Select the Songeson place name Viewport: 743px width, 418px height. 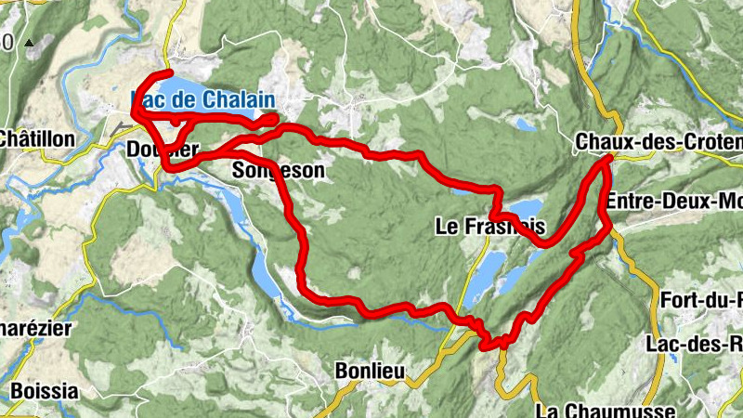pyautogui.click(x=279, y=170)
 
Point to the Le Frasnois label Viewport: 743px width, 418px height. pyautogui.click(x=489, y=226)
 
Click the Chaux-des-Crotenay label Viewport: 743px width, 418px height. pyautogui.click(x=658, y=141)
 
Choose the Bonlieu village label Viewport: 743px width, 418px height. pyautogui.click(x=369, y=371)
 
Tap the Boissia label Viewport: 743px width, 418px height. pyautogui.click(x=45, y=390)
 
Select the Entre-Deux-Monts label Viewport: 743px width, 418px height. pyautogui.click(x=673, y=201)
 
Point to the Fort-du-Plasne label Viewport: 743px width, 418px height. pyautogui.click(x=701, y=299)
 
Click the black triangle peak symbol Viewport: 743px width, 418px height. pyautogui.click(x=29, y=43)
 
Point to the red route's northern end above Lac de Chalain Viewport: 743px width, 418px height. pyautogui.click(x=171, y=72)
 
